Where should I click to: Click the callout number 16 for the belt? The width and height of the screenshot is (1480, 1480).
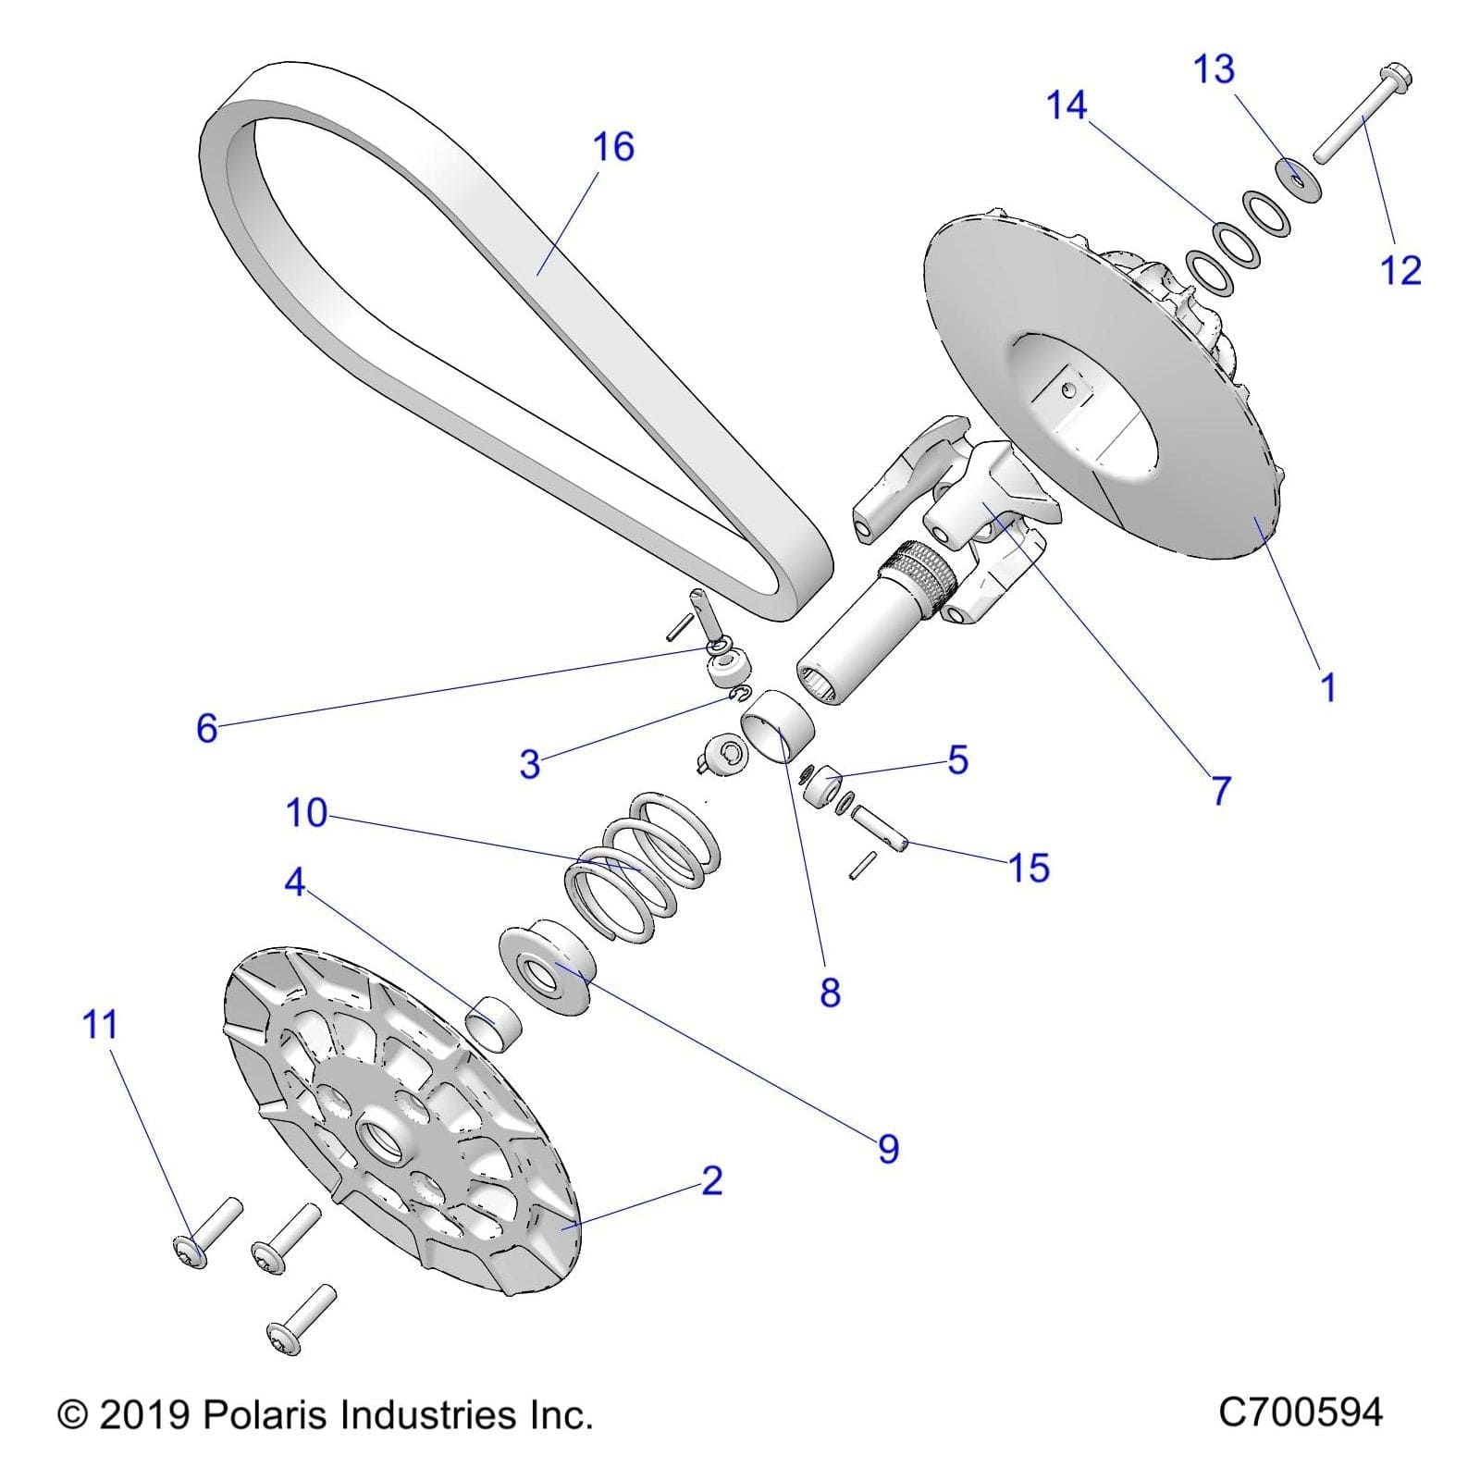[x=613, y=147]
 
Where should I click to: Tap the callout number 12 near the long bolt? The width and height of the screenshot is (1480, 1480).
[x=1400, y=270]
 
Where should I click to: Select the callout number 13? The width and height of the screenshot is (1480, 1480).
[x=1214, y=69]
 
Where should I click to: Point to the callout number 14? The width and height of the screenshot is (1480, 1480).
[x=1066, y=105]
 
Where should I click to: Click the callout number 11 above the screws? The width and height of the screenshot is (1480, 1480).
[x=101, y=1025]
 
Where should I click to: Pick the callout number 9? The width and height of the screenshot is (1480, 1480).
[x=888, y=1148]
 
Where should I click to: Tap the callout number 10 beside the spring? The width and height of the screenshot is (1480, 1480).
[x=306, y=813]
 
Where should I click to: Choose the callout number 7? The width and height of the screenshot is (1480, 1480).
[x=1221, y=790]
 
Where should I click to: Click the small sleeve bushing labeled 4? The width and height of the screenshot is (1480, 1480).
[x=491, y=1024]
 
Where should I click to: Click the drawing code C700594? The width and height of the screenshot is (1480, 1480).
[x=1300, y=1412]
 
